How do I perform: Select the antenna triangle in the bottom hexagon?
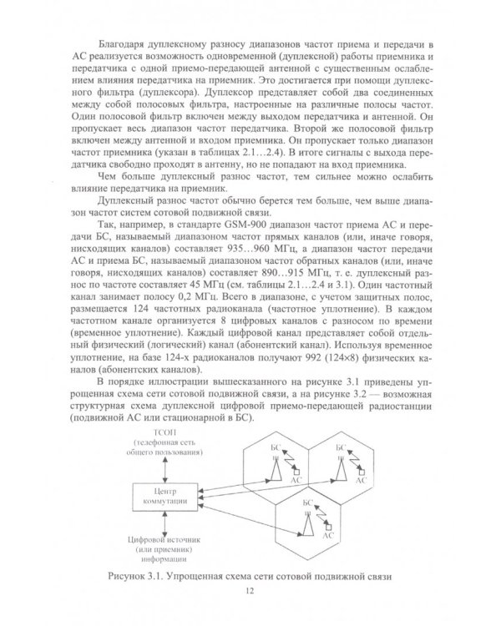[308, 528]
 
